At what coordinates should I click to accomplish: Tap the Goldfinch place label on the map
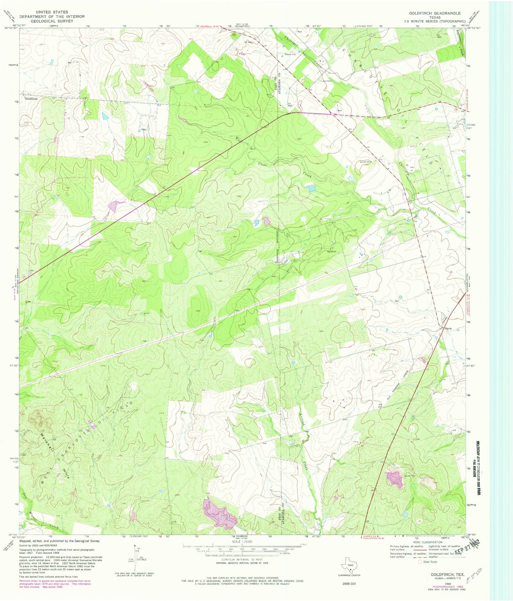click(31, 99)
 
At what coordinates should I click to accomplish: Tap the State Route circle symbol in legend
click(421, 562)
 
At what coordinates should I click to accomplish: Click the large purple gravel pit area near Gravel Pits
click(395, 479)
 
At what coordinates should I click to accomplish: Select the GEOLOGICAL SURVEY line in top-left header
click(52, 21)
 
